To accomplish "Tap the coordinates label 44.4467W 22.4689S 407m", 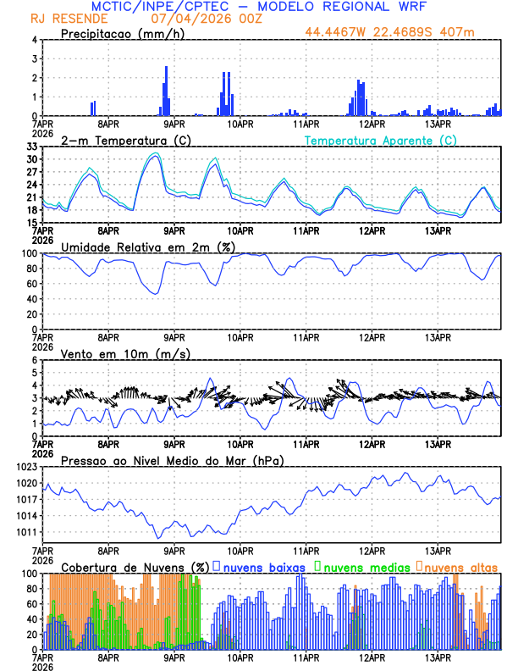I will coord(402,33).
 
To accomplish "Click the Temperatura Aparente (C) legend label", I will coord(381,140).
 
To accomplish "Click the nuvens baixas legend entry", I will coord(264,567).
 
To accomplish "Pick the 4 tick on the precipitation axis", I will coord(35,40).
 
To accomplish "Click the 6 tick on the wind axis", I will coord(35,360).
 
